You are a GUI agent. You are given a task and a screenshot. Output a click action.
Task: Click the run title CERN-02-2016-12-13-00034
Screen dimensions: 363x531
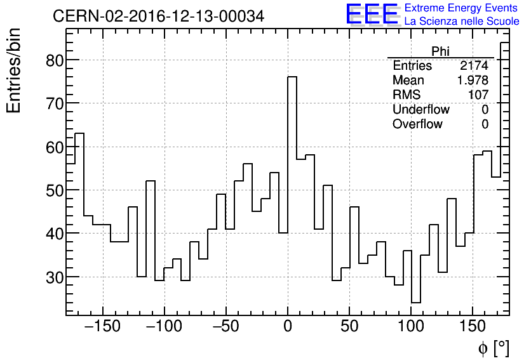coord(158,16)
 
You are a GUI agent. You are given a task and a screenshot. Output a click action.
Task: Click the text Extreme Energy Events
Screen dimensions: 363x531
coord(460,8)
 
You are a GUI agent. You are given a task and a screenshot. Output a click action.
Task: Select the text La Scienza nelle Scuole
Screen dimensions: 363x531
coord(461,21)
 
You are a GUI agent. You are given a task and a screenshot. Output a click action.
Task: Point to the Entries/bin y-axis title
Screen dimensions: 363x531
coord(14,70)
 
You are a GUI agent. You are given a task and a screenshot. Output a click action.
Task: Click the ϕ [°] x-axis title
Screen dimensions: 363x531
coord(493,348)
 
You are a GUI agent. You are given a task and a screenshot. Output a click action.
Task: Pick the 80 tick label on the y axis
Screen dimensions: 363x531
coord(53,60)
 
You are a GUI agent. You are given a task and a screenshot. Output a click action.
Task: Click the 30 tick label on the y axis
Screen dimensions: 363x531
coord(53,277)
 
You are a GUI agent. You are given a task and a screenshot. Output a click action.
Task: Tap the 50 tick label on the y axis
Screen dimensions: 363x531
coord(53,190)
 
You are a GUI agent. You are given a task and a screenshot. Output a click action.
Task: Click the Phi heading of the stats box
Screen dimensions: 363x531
coord(440,51)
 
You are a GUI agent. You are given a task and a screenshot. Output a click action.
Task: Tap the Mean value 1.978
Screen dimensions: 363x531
coord(473,81)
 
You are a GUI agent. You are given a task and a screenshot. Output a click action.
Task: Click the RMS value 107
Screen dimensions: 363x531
coord(479,95)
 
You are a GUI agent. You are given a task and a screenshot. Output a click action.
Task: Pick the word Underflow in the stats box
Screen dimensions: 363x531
coord(420,110)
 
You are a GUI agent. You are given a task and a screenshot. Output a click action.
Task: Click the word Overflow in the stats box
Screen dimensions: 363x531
coord(417,124)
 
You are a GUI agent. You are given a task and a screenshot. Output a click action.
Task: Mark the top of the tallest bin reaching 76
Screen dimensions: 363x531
coord(292,77)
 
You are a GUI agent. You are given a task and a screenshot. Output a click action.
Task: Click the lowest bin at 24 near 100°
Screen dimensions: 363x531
coord(415,302)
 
